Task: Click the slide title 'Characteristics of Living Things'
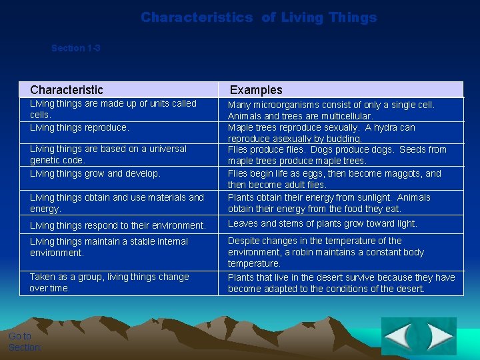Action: pyautogui.click(x=259, y=18)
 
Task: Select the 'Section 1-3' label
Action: pyautogui.click(x=75, y=48)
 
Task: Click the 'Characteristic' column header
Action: pyautogui.click(x=67, y=90)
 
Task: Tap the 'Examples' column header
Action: pyautogui.click(x=256, y=90)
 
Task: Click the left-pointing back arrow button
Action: pyautogui.click(x=399, y=336)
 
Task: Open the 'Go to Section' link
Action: pyautogui.click(x=24, y=341)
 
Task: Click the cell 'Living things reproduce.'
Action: pyautogui.click(x=79, y=127)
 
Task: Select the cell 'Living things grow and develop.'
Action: pyautogui.click(x=95, y=173)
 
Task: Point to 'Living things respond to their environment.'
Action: pyautogui.click(x=117, y=225)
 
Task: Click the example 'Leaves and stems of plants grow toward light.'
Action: pyautogui.click(x=322, y=224)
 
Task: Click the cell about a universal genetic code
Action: pyautogui.click(x=108, y=154)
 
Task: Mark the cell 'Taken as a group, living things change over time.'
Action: pyautogui.click(x=109, y=282)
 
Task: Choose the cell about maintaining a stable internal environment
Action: pyautogui.click(x=109, y=247)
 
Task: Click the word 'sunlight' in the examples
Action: pyautogui.click(x=374, y=197)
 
